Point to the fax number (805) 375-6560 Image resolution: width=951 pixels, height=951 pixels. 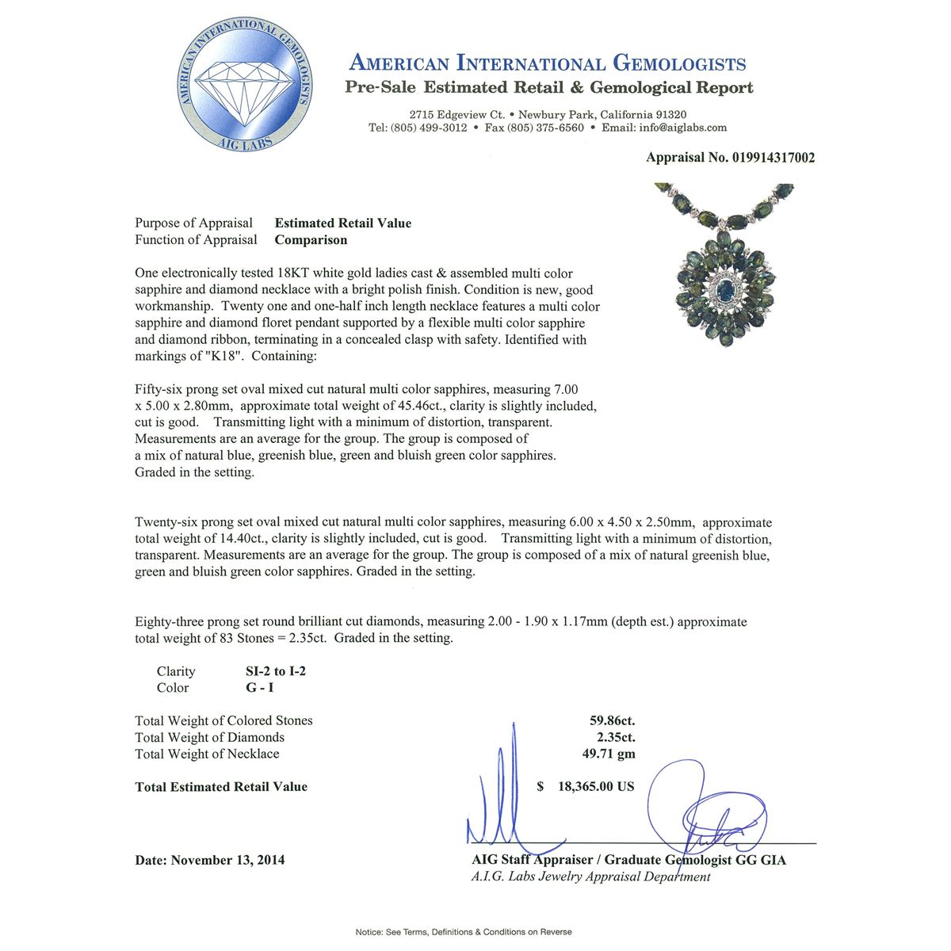click(534, 128)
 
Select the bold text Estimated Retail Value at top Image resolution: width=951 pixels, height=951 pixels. click(342, 223)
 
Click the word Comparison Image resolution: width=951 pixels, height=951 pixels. click(311, 240)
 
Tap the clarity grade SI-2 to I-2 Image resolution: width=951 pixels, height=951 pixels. click(275, 671)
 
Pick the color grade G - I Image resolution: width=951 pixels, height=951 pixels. click(259, 688)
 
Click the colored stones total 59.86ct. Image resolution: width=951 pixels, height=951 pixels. click(612, 720)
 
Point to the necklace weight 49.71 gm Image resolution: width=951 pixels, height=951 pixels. click(609, 754)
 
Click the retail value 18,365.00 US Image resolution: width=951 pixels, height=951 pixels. click(595, 787)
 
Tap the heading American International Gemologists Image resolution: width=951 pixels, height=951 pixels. click(548, 63)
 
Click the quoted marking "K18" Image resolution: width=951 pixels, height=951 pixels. click(223, 357)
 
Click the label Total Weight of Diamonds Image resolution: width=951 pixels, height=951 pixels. click(209, 737)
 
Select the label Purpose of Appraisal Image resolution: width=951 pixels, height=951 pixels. click(193, 223)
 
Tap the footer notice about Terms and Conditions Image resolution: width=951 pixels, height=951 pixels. click(464, 932)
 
